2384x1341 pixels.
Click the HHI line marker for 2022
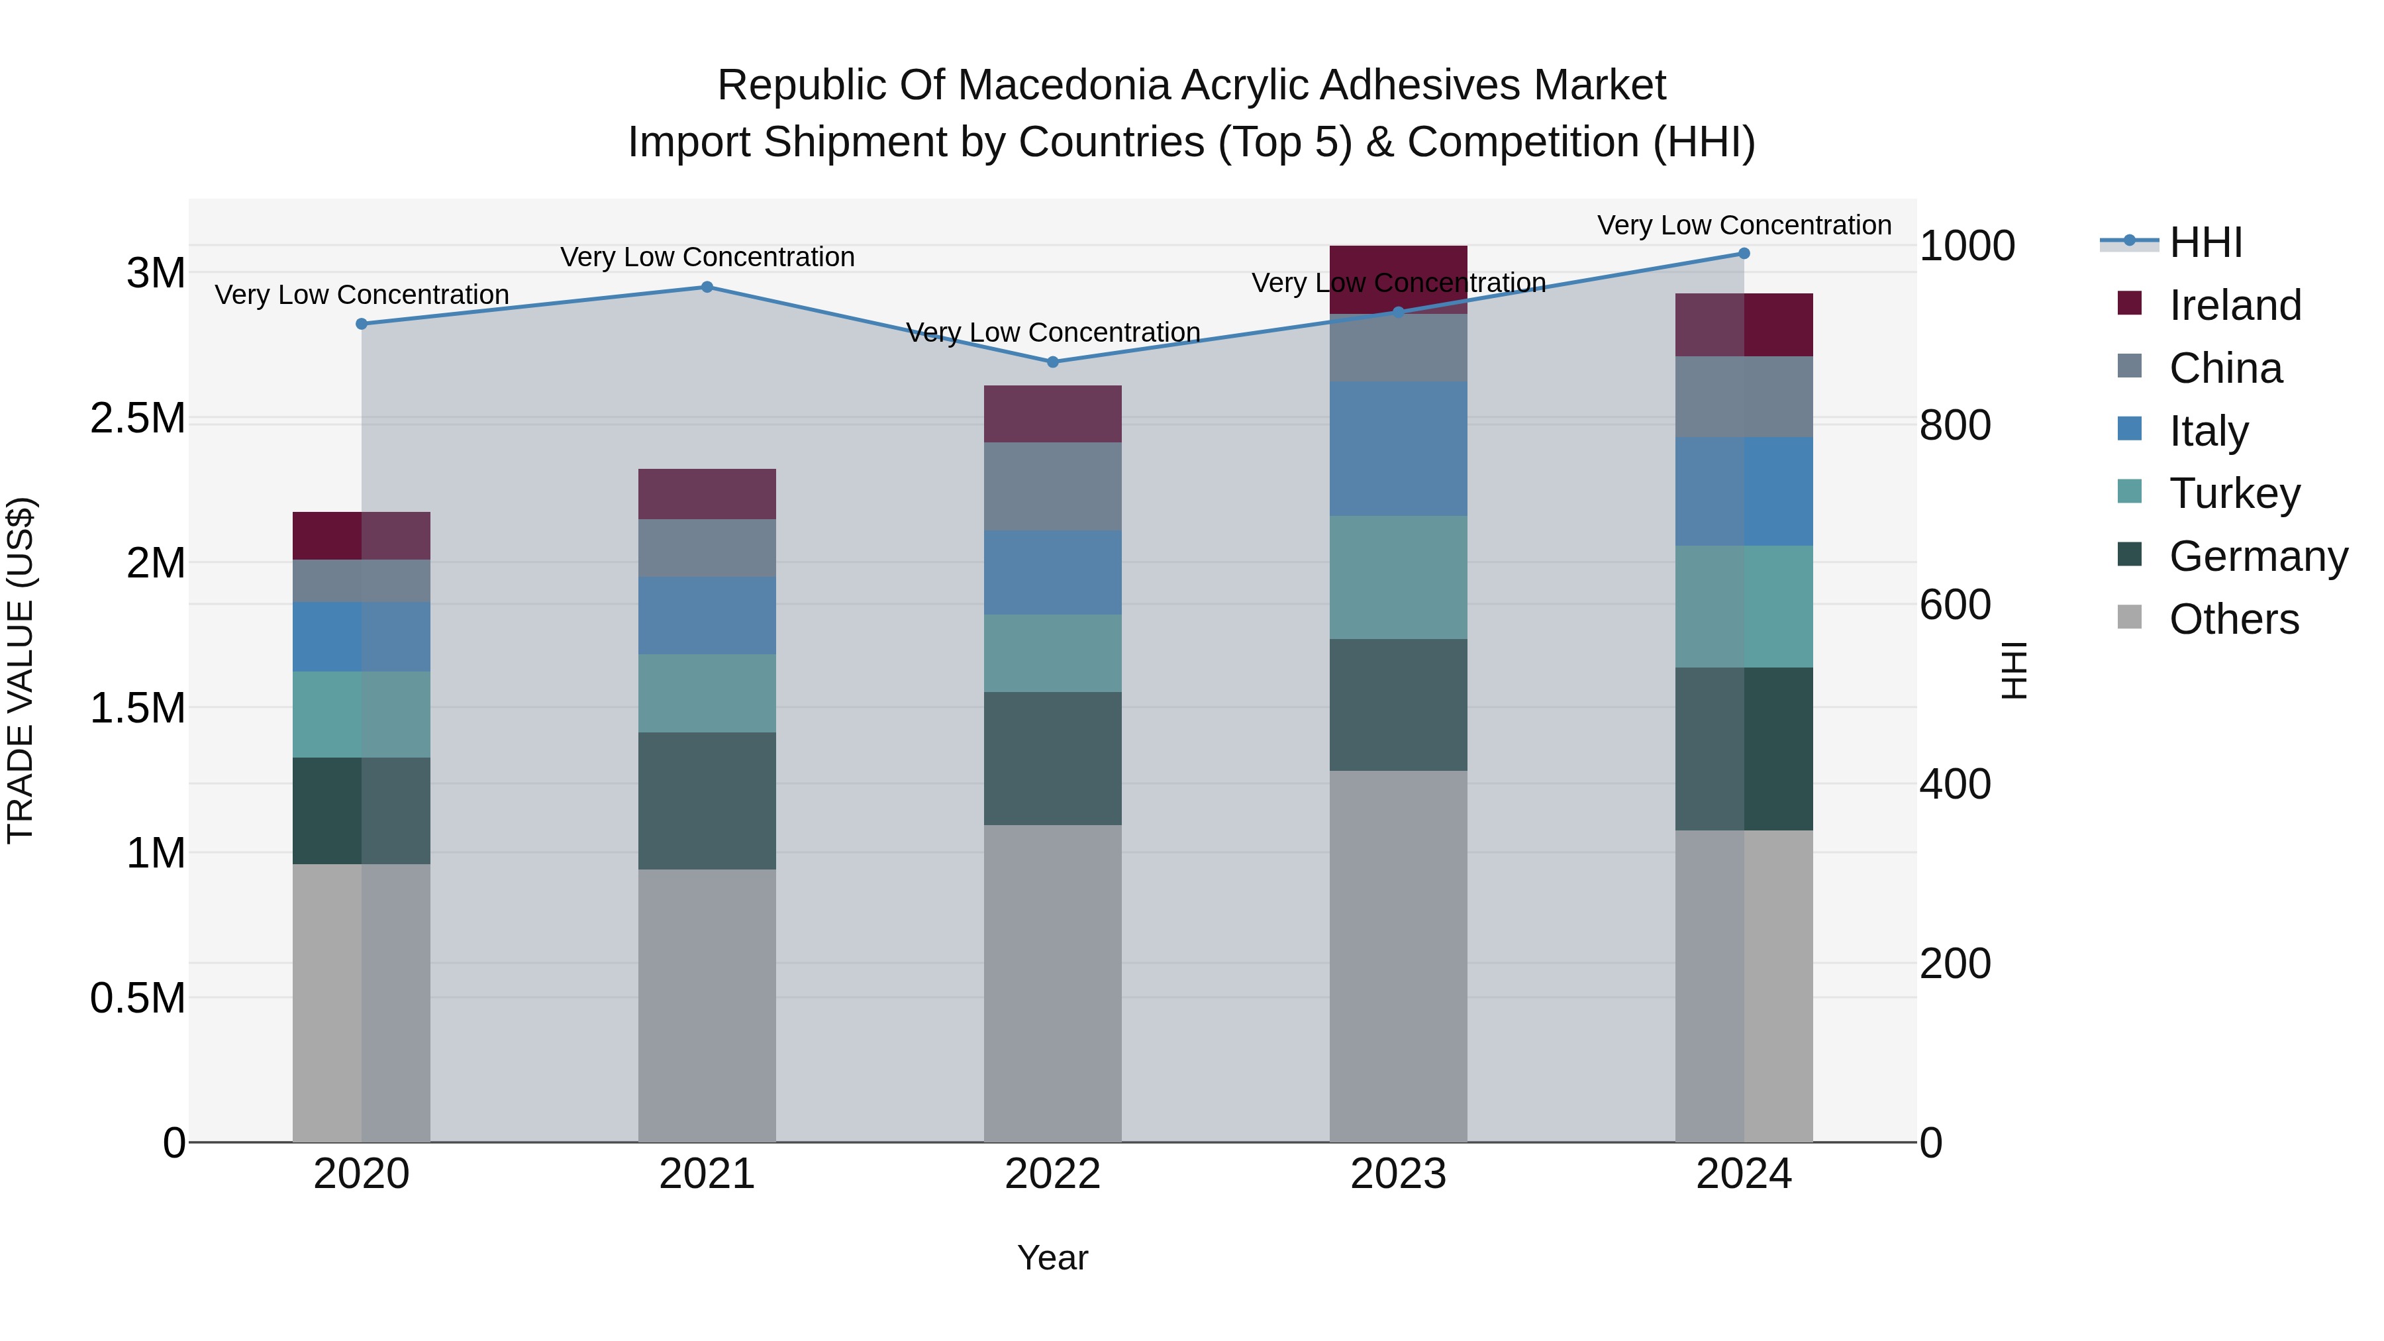click(1052, 362)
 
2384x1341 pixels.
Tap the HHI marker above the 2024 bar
click(1744, 254)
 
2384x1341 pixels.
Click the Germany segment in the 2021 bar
click(707, 801)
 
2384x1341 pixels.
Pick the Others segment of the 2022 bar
click(1052, 983)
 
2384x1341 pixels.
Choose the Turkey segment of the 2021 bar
click(707, 693)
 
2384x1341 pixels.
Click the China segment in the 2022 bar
click(1052, 486)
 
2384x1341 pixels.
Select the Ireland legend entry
click(2234, 305)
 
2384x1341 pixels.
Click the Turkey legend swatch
click(2130, 491)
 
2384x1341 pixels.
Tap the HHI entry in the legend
click(2205, 242)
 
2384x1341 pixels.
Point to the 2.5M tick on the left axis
click(137, 419)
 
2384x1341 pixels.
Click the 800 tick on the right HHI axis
click(1955, 426)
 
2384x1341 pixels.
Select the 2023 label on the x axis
click(1397, 1173)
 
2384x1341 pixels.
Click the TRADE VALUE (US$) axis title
click(21, 670)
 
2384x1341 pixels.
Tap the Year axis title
click(1052, 1258)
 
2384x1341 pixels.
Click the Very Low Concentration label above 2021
click(707, 258)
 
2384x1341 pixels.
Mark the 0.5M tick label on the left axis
click(137, 999)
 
